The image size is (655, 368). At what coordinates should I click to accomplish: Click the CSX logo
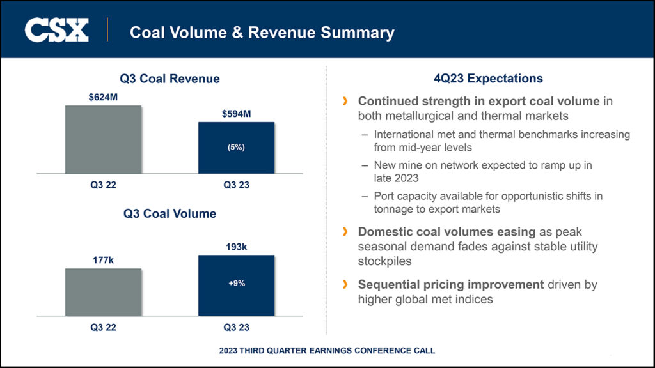[56, 31]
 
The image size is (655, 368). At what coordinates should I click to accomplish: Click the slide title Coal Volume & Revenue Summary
[262, 32]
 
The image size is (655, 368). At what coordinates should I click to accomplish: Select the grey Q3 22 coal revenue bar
[104, 139]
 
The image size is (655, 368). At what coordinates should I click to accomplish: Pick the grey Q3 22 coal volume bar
[104, 292]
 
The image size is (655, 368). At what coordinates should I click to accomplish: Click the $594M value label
[237, 114]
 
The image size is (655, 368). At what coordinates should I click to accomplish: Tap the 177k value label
[104, 261]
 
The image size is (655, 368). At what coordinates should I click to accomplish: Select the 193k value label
[237, 247]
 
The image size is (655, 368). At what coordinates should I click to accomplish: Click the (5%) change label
[237, 147]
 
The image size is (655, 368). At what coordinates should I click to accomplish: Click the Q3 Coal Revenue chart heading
[170, 79]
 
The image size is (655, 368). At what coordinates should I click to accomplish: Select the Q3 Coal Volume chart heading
[170, 214]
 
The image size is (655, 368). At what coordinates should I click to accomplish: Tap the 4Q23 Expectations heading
[488, 79]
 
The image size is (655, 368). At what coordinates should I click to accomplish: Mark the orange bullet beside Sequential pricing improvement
[346, 284]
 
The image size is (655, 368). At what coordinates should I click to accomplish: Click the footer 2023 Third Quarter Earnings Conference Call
[327, 351]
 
